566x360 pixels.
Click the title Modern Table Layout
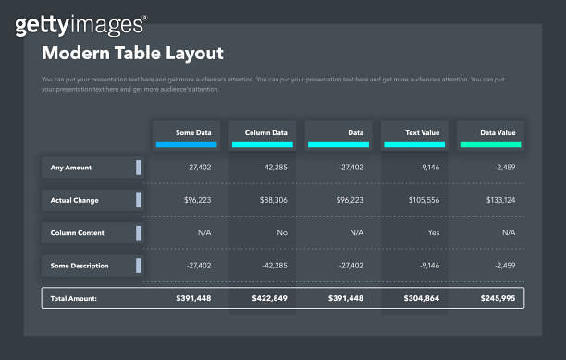[x=132, y=54]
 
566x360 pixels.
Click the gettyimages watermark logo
[x=80, y=25]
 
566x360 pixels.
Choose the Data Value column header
[x=490, y=133]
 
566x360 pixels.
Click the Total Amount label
[x=74, y=298]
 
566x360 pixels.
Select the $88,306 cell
[x=269, y=200]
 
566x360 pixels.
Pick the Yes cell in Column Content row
[x=433, y=233]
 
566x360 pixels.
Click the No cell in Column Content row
[x=281, y=233]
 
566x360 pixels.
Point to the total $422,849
[x=269, y=298]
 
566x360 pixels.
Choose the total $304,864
[x=422, y=298]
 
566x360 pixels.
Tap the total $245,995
[x=498, y=298]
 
